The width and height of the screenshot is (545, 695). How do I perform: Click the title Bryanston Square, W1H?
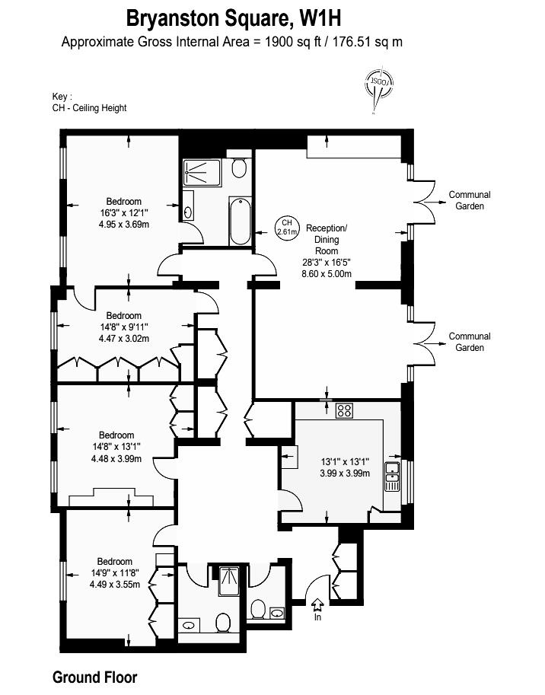point(234,19)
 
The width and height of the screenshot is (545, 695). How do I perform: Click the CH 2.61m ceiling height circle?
point(287,227)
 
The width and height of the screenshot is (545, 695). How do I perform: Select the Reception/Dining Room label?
point(327,239)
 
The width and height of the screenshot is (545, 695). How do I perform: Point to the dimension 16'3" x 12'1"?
point(124,212)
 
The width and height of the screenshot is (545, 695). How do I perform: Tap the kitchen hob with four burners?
point(344,410)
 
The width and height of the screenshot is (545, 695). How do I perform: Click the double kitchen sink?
point(392,476)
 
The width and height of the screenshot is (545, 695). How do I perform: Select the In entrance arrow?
point(317,608)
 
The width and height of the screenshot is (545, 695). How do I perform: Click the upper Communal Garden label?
point(470,200)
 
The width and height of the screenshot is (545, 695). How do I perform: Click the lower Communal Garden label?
point(470,342)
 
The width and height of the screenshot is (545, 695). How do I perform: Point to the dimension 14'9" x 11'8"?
point(115,572)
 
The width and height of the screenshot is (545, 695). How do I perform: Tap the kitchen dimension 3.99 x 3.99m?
point(345,473)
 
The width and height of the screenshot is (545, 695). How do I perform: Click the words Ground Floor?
point(95,677)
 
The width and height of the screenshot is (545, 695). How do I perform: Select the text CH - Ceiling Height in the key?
point(90,107)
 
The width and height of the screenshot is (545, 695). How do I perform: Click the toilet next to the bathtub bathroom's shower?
point(239,168)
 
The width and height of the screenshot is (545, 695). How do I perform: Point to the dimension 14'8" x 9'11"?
point(123,327)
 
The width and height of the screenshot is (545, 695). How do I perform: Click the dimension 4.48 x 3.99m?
point(116,459)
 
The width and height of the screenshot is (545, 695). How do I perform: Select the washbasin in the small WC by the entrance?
point(277,613)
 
